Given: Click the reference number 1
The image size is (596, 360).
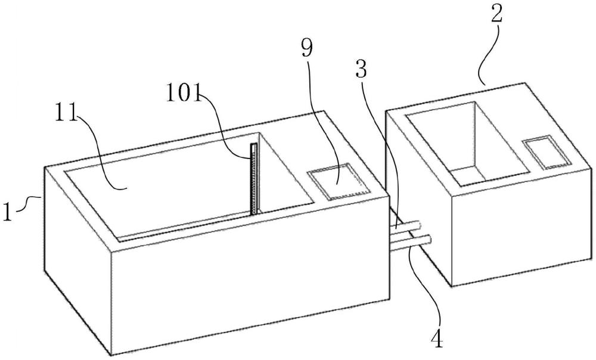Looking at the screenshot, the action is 8,212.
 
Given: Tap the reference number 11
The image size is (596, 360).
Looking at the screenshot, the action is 66,113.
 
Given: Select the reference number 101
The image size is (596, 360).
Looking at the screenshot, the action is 184,94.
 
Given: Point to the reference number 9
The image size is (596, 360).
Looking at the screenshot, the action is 307,48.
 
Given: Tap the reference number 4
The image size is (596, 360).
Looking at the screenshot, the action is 437,340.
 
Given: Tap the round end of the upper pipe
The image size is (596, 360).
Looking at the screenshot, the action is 418,225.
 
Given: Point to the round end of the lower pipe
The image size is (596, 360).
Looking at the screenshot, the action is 429,240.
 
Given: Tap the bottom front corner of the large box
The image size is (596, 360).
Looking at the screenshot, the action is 111,355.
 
